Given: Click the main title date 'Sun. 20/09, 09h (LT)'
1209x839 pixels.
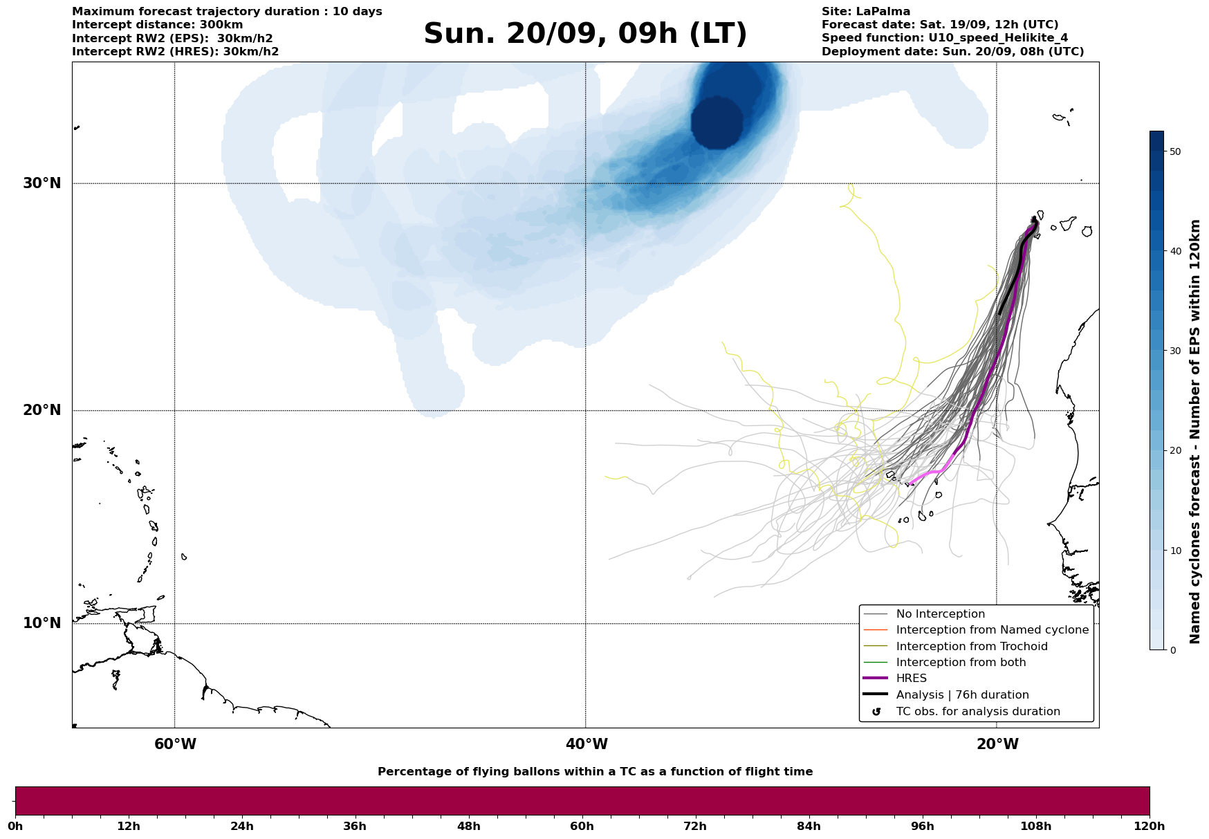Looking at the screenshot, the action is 585,34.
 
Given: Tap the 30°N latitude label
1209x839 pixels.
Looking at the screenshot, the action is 42,183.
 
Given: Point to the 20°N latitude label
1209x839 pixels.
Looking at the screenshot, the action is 42,410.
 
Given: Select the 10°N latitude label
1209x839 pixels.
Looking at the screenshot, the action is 42,623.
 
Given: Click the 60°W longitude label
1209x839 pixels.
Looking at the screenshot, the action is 175,744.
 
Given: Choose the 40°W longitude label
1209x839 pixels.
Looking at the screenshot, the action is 587,744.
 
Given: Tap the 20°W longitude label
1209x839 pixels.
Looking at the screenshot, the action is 997,744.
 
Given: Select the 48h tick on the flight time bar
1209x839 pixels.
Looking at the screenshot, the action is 468,827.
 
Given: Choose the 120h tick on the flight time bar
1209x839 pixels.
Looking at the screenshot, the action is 1150,827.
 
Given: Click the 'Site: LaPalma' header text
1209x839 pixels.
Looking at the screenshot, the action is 866,12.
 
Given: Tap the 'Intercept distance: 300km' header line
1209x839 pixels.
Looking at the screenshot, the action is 158,25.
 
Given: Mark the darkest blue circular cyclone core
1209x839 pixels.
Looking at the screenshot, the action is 717,122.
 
